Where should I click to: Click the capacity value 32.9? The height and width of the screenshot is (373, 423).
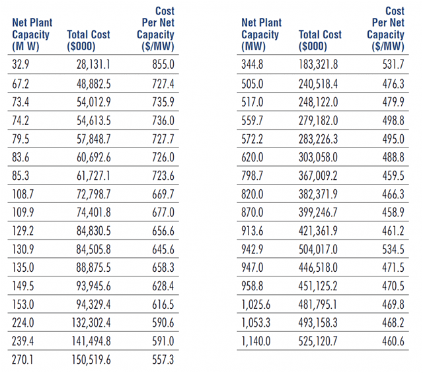pyautogui.click(x=20, y=65)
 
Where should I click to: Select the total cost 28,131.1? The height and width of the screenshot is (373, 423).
pyautogui.click(x=93, y=65)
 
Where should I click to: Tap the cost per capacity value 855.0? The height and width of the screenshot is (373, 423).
pyautogui.click(x=163, y=65)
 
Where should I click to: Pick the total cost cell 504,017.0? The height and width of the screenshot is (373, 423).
pyautogui.click(x=318, y=249)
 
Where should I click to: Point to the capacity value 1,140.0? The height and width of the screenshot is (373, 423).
pyautogui.click(x=256, y=341)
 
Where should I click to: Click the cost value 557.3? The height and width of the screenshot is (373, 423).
pyautogui.click(x=163, y=360)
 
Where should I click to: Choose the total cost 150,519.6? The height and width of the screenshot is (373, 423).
pyautogui.click(x=91, y=360)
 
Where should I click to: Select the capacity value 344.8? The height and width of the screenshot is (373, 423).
pyautogui.click(x=252, y=65)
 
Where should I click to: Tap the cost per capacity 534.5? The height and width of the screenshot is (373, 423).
pyautogui.click(x=393, y=249)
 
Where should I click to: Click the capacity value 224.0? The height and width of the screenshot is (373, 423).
pyautogui.click(x=23, y=323)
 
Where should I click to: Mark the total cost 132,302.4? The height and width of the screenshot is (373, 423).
pyautogui.click(x=91, y=323)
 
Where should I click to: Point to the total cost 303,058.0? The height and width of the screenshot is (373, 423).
pyautogui.click(x=318, y=157)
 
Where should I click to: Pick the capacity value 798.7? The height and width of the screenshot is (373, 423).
pyautogui.click(x=252, y=176)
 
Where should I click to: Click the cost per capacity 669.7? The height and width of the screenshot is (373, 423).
pyautogui.click(x=163, y=194)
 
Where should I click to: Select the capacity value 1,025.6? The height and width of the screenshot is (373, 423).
pyautogui.click(x=256, y=304)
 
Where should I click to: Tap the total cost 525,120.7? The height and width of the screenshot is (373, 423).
pyautogui.click(x=318, y=341)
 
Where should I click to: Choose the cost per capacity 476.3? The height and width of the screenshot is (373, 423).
pyautogui.click(x=393, y=84)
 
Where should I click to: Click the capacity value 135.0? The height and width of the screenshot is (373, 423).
pyautogui.click(x=23, y=268)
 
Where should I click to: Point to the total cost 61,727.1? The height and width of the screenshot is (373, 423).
pyautogui.click(x=93, y=176)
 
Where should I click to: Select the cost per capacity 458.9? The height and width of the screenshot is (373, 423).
pyautogui.click(x=393, y=212)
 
